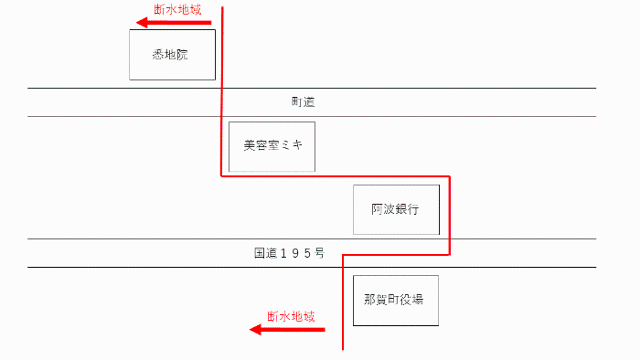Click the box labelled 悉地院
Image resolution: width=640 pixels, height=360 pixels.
(172, 55)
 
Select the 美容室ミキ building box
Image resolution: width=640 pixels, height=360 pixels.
(272, 146)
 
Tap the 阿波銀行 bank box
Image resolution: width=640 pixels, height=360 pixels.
(396, 209)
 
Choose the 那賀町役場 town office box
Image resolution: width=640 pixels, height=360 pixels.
(395, 300)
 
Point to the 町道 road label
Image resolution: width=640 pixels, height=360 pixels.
(303, 102)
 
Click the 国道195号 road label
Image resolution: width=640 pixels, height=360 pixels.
(289, 252)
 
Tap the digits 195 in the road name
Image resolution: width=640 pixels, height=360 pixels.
(292, 252)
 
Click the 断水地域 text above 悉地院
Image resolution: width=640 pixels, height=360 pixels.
(177, 9)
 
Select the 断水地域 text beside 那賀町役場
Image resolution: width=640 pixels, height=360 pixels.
(291, 316)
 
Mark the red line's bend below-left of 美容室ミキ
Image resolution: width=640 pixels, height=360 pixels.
(222, 176)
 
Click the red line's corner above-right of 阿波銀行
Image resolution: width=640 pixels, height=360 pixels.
(450, 176)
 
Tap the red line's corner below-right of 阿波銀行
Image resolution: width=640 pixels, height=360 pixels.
(450, 255)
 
